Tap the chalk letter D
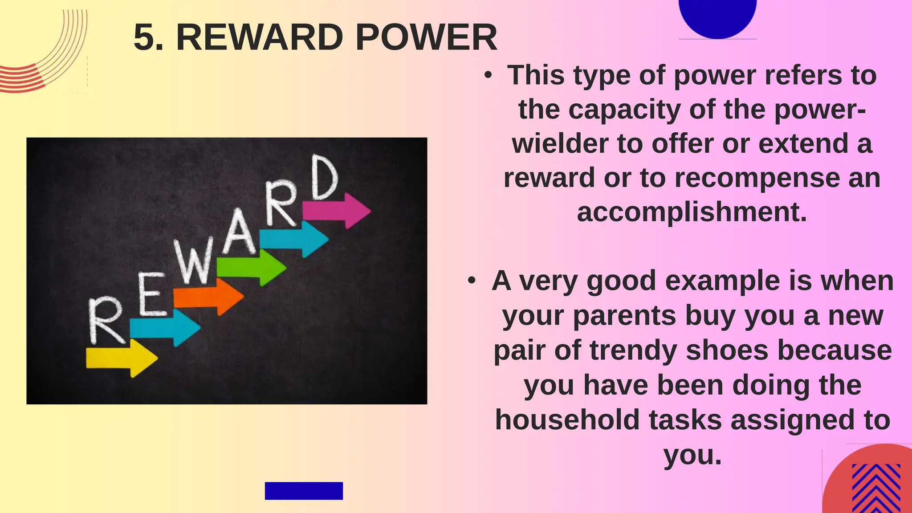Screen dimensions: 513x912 coord(324,178)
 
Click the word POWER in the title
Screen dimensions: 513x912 coord(426,37)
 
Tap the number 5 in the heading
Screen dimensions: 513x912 coord(147,37)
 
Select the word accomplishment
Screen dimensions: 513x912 coord(692,212)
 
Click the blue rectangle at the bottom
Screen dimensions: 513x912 coord(304,491)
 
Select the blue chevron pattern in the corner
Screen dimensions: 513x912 coord(876,489)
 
